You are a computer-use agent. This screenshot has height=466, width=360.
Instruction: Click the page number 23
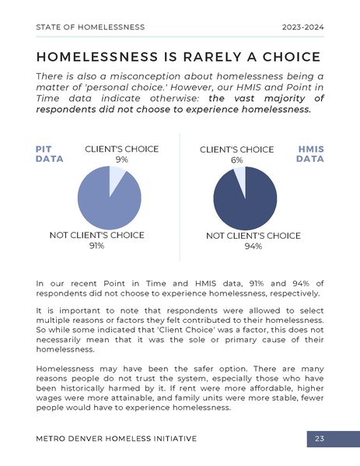point(320,440)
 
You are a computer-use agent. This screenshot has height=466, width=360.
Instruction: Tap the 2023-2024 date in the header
point(302,27)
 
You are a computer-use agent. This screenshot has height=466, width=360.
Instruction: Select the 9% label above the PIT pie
point(121,159)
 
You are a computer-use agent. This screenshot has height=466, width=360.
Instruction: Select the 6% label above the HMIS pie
point(236,160)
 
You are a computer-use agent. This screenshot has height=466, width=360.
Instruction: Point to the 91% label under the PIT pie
point(96,246)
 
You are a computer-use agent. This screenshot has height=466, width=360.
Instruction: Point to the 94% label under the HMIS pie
point(253,247)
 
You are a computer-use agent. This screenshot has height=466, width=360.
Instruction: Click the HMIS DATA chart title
point(310,153)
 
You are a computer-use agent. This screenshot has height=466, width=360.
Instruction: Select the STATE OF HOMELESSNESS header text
point(90,27)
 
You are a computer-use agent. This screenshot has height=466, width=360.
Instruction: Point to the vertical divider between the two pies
point(180,194)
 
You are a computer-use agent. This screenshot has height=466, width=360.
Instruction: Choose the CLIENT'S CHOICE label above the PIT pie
point(121,149)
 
